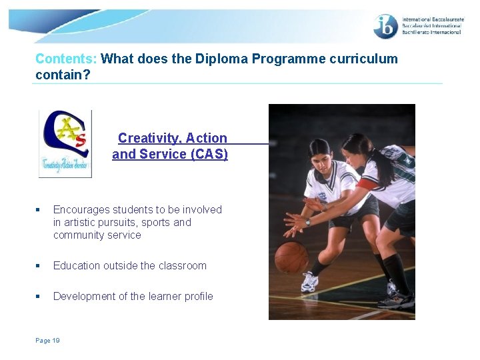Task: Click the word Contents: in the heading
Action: tap(66, 59)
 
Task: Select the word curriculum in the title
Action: tap(363, 59)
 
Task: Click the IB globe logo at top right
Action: tap(386, 27)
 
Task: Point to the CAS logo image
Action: tap(65, 143)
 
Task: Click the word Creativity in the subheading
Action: tap(149, 139)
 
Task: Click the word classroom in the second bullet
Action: tap(181, 265)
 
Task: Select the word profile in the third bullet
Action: tap(197, 296)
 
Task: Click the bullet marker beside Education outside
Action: tap(39, 265)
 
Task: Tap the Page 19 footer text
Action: tap(47, 341)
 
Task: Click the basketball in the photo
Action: tap(291, 257)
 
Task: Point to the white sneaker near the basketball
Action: tap(309, 283)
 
